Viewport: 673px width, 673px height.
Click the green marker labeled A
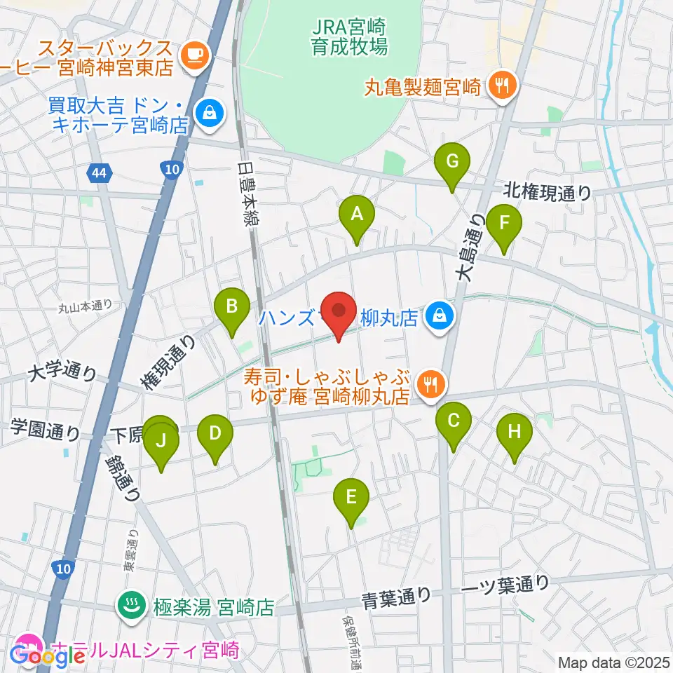coord(357,215)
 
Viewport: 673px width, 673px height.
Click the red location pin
coord(339,313)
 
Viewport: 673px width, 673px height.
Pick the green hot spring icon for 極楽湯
coord(130,606)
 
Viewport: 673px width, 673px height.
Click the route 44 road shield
coord(98,172)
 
